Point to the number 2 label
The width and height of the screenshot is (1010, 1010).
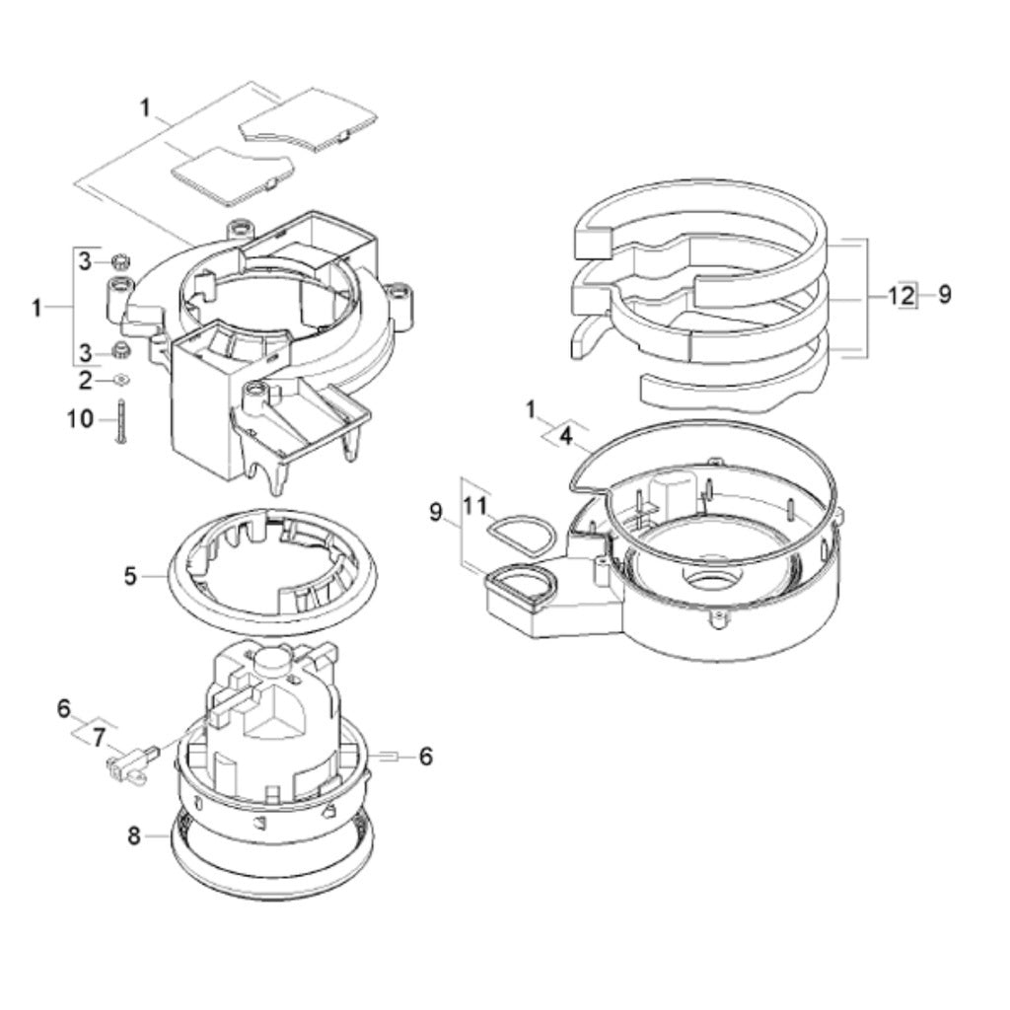[x=85, y=380]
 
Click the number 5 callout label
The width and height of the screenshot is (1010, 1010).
[x=130, y=575]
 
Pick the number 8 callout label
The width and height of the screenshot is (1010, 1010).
[x=134, y=836]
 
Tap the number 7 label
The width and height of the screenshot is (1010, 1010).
[x=98, y=735]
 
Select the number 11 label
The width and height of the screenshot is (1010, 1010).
[x=476, y=506]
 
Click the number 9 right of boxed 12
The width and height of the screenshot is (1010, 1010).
[x=945, y=294]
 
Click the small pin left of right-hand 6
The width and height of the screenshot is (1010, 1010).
[x=388, y=757]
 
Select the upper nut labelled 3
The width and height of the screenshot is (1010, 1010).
[x=120, y=261]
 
